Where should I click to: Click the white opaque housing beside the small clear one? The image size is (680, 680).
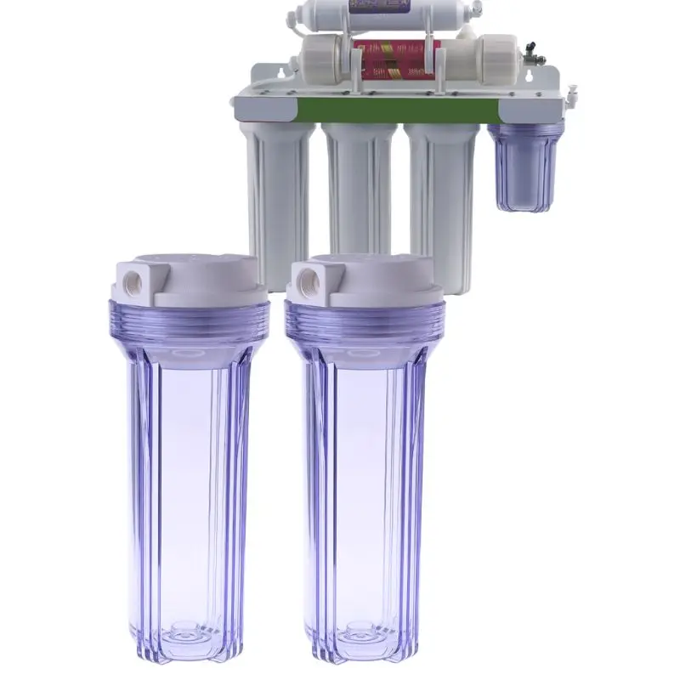[442, 195]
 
